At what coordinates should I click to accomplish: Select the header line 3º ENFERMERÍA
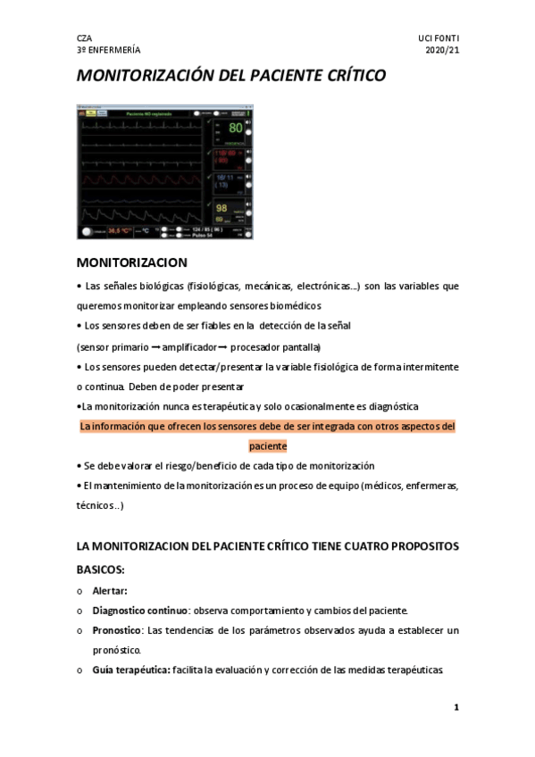tap(108, 51)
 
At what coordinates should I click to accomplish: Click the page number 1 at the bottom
tap(456, 708)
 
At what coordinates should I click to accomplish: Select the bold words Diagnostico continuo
tap(143, 611)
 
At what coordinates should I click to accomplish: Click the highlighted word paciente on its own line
tap(268, 445)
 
